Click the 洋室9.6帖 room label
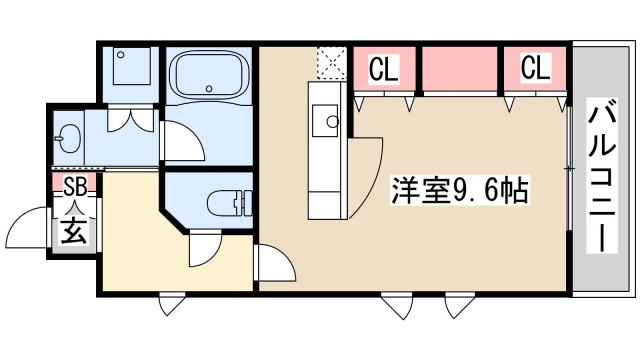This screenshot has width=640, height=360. [461, 187]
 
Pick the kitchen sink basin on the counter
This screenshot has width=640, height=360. [325, 122]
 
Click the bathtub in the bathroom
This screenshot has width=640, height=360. [208, 75]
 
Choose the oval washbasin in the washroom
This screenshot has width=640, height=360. [70, 137]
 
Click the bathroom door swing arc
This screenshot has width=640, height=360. [178, 140]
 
